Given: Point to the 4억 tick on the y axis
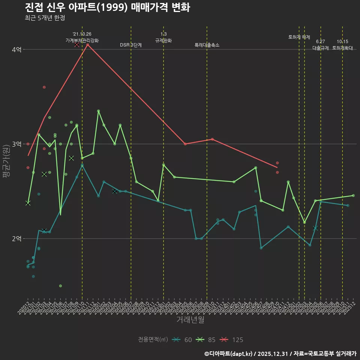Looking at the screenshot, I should click(17, 49).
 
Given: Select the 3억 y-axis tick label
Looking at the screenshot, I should click(17, 144).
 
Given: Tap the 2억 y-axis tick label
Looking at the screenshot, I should click(17, 238).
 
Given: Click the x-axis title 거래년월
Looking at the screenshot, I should click(190, 320).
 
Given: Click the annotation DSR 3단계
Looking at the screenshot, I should click(131, 45).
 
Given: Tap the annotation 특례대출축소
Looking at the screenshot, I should click(207, 45).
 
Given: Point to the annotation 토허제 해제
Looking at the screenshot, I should click(299, 37).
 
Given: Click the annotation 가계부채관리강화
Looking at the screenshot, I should click(82, 40).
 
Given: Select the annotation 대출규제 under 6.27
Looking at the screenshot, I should click(321, 48).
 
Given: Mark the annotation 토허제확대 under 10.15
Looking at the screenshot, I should click(342, 48).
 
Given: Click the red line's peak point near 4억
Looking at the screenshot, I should click(87, 45).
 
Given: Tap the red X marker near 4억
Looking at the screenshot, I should click(76, 45).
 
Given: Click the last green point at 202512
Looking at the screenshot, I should click(353, 195).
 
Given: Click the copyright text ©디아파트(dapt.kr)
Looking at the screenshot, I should click(229, 353).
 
